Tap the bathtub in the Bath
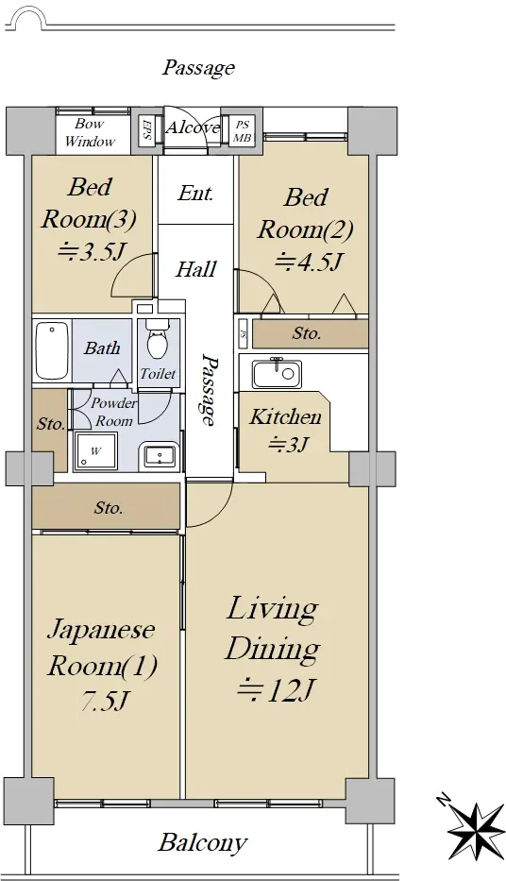[x=52, y=350]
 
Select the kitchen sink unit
[x=277, y=374]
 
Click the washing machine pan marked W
[x=95, y=451]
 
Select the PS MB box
[x=242, y=131]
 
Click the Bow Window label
[x=90, y=133]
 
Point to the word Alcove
[x=193, y=127]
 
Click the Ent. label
[x=195, y=194]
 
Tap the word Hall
[x=196, y=269]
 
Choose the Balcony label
[x=203, y=843]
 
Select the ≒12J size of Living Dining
[x=275, y=690]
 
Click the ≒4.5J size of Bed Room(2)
[x=309, y=262]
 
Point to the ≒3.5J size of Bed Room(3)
[x=91, y=252]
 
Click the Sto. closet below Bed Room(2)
[x=311, y=333]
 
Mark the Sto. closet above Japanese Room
[x=106, y=507]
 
